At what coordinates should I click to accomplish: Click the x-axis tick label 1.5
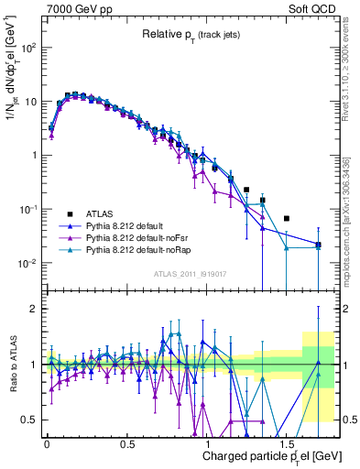pyautogui.click(x=293, y=438)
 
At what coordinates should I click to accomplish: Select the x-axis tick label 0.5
pyautogui.click(x=129, y=438)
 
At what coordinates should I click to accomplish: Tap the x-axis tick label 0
pyautogui.click(x=47, y=438)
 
